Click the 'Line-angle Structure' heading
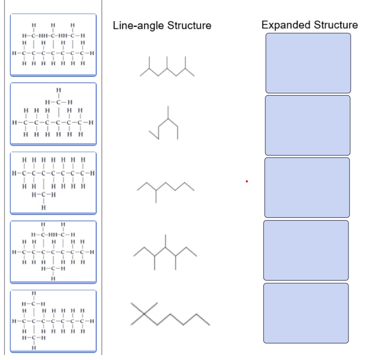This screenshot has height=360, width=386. tap(162, 25)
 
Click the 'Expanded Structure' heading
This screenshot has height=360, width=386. tap(310, 25)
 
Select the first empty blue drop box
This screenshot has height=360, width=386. tap(308, 63)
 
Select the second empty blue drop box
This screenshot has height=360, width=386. tap(307, 125)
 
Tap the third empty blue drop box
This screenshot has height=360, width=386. tap(307, 187)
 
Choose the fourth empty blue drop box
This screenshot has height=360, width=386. tap(306, 250)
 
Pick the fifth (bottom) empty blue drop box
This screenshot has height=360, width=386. tap(306, 313)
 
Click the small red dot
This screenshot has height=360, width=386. tap(247, 182)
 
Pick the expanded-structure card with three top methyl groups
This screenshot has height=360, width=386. tap(53, 44)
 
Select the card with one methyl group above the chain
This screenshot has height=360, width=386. tap(53, 113)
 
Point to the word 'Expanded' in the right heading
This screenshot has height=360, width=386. tap(285, 25)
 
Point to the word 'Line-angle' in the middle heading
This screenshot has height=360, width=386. tap(138, 25)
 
